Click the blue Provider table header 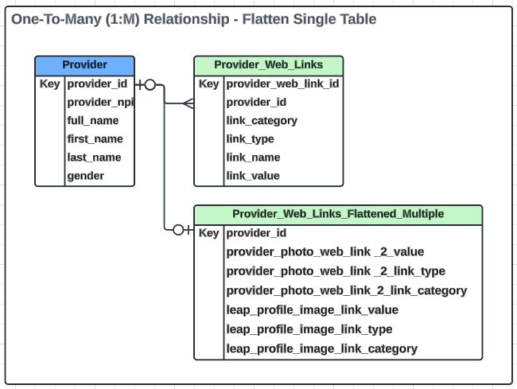[84, 65]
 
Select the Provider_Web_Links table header [269, 65]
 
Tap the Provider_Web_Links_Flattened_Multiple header [338, 214]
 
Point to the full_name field [93, 121]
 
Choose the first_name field [95, 139]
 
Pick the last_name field [94, 158]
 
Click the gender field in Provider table [85, 176]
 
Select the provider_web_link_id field [282, 84]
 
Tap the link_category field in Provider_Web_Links [262, 121]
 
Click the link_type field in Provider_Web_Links [250, 139]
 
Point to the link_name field [253, 158]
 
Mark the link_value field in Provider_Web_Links [253, 176]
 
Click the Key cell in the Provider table [49, 84]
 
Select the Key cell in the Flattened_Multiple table [208, 233]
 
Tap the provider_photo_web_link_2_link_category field [347, 290]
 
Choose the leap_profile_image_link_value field [313, 310]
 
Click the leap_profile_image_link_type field [309, 329]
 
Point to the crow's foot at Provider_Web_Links [188, 103]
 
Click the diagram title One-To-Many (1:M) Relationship [193, 19]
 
